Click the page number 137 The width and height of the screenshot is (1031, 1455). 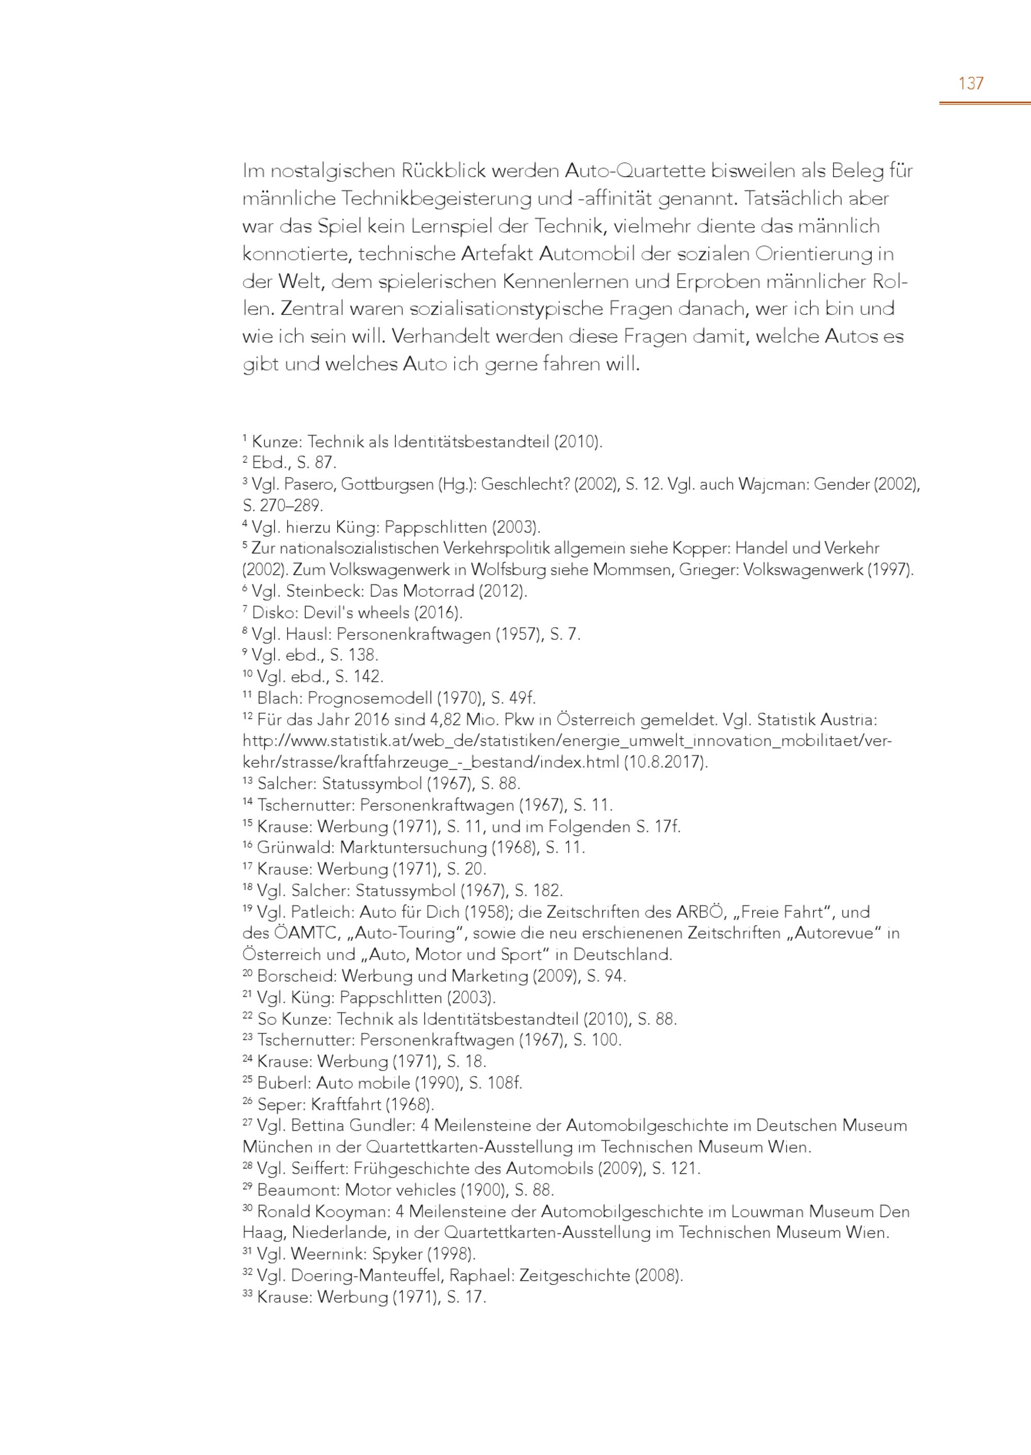pyautogui.click(x=971, y=83)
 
